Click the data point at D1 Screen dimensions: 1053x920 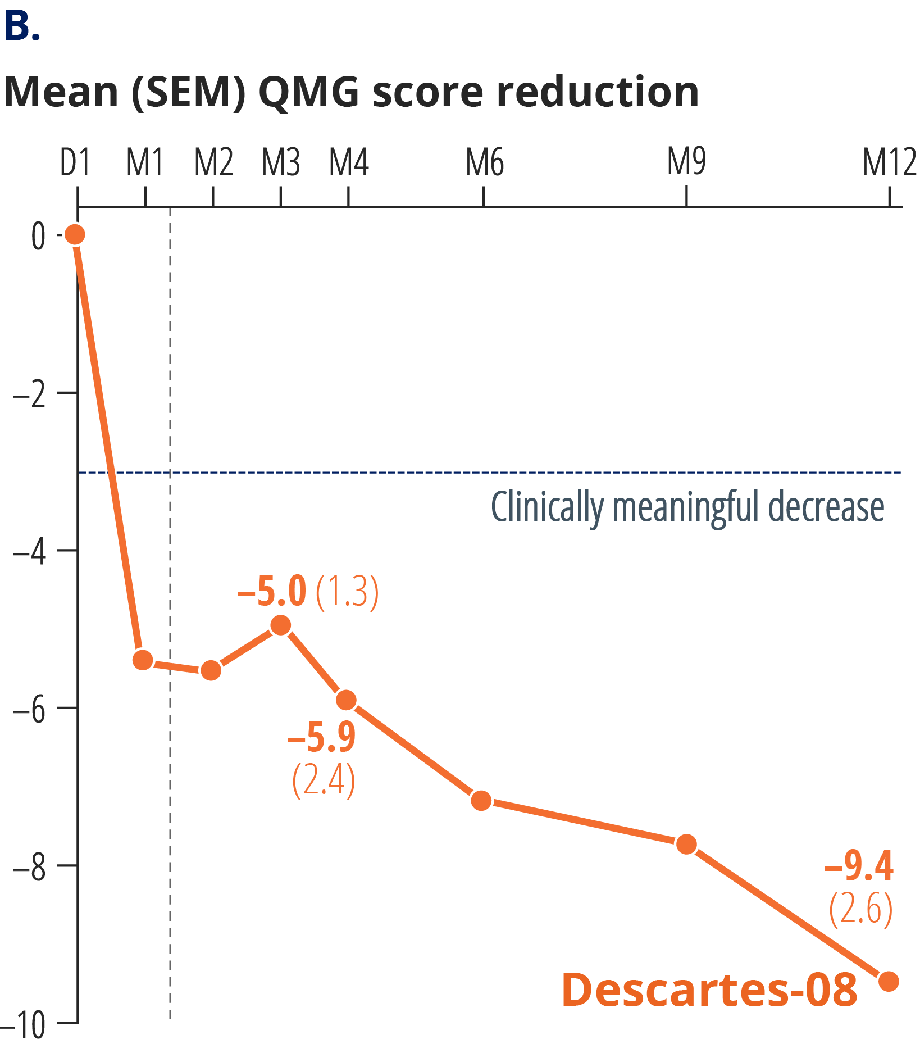[x=75, y=234]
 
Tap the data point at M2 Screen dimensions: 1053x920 [x=211, y=670]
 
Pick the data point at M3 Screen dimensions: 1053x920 [x=280, y=625]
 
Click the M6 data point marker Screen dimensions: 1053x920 [x=481, y=800]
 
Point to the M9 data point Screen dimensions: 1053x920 [x=686, y=844]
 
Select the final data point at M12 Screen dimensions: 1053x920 [x=889, y=981]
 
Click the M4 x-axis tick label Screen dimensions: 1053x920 [x=349, y=163]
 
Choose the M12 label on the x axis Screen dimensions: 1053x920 [x=889, y=163]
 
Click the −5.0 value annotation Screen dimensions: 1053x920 [x=272, y=592]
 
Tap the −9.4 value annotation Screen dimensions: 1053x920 [x=859, y=866]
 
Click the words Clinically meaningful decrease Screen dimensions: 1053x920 [x=687, y=507]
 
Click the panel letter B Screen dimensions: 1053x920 [x=21, y=26]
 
